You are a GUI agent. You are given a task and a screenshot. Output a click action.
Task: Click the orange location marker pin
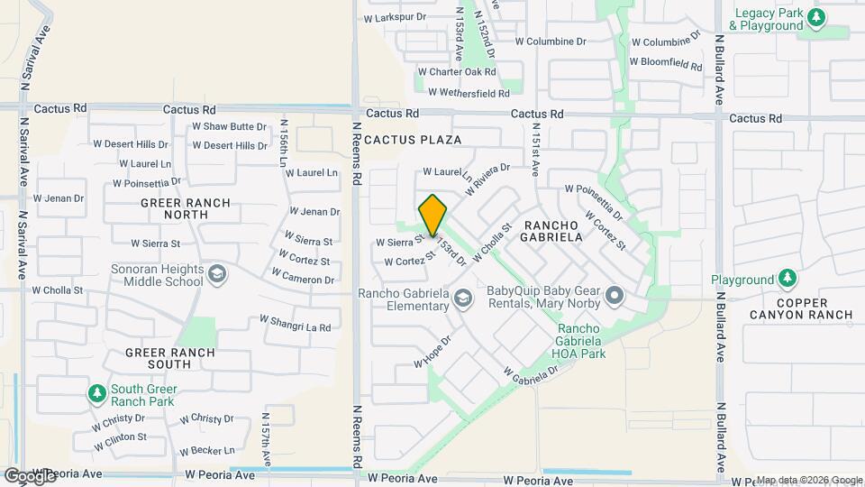[x=432, y=215]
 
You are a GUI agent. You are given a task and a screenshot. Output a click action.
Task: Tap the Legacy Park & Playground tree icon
[x=816, y=18]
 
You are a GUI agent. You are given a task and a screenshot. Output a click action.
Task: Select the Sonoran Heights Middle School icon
[x=216, y=273]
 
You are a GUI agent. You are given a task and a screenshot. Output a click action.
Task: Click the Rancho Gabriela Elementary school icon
[x=462, y=298]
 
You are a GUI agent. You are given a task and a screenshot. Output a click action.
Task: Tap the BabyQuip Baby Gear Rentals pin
[x=615, y=296]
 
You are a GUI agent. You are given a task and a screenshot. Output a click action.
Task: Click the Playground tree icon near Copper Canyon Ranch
[x=788, y=279]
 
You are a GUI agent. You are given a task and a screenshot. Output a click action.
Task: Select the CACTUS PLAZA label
[x=413, y=140]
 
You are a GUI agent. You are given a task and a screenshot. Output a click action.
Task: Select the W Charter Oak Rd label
[x=457, y=71]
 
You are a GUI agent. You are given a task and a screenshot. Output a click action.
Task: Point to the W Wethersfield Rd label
[x=469, y=92]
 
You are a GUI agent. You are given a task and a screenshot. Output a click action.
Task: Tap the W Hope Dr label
[x=432, y=352]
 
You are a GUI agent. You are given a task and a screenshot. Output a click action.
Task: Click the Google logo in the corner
[x=30, y=475]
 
